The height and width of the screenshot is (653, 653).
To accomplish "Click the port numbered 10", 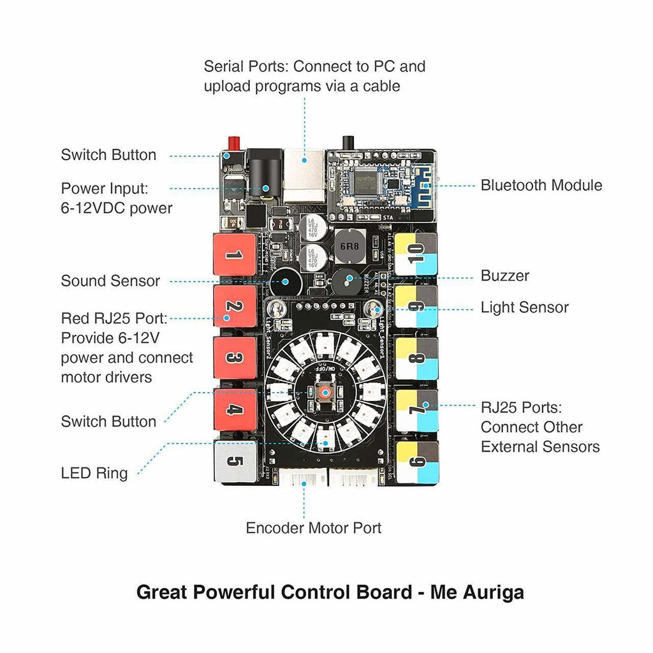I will [416, 254].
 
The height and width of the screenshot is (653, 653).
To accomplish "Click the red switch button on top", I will [233, 142].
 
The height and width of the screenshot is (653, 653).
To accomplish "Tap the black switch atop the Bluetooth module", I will [348, 142].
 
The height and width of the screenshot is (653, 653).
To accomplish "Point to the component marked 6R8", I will [349, 246].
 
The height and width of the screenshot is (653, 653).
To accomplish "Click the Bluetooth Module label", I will [541, 186].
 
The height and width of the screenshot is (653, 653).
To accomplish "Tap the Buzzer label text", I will [504, 276].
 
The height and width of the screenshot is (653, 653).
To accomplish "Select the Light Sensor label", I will [524, 307].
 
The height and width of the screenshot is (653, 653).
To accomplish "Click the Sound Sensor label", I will [110, 281].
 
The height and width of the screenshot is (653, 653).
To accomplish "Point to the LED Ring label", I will [94, 473].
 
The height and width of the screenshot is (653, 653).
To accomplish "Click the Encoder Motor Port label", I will [313, 528].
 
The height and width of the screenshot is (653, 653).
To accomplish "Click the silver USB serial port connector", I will [305, 176].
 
